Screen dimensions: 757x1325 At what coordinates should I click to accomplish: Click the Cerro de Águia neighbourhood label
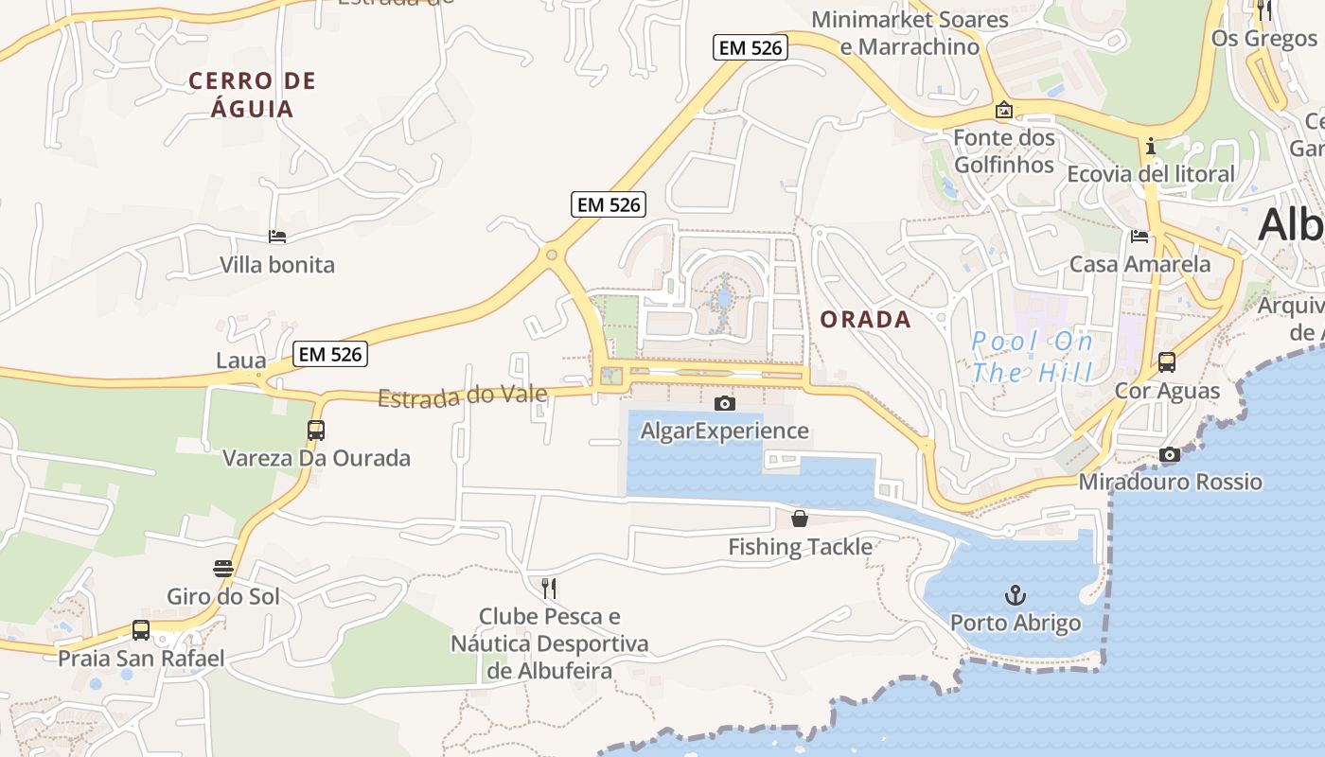click(x=253, y=95)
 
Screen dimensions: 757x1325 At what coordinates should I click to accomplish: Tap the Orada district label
click(x=865, y=320)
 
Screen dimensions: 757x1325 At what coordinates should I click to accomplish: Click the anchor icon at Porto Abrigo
click(x=1015, y=595)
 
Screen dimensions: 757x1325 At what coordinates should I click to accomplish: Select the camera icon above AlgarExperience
click(x=725, y=404)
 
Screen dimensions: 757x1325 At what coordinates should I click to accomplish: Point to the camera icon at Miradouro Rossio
click(x=1170, y=455)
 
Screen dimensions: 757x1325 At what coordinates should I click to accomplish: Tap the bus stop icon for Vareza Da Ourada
click(x=316, y=431)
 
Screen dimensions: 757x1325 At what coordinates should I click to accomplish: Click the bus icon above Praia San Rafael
click(x=141, y=629)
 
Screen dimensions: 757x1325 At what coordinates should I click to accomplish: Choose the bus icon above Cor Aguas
click(x=1167, y=362)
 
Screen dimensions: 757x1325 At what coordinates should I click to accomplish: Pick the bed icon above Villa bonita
click(x=277, y=237)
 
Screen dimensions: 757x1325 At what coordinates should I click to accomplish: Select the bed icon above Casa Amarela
click(x=1139, y=237)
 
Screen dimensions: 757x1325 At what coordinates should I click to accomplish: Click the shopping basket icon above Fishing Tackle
click(x=800, y=519)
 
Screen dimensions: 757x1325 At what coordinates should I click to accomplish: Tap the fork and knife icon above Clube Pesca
click(x=549, y=588)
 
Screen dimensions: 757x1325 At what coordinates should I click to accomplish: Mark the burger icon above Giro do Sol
click(x=223, y=569)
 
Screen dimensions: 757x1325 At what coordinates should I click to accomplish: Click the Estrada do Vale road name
click(x=463, y=396)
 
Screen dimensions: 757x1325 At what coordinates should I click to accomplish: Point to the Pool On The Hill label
click(x=1032, y=357)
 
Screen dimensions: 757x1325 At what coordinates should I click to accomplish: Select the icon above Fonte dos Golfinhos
click(x=1003, y=111)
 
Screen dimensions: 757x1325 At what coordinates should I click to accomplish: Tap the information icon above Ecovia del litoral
click(x=1151, y=146)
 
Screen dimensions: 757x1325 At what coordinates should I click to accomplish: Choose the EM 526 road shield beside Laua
click(x=329, y=355)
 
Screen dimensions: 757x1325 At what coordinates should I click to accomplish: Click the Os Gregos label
click(x=1264, y=39)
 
